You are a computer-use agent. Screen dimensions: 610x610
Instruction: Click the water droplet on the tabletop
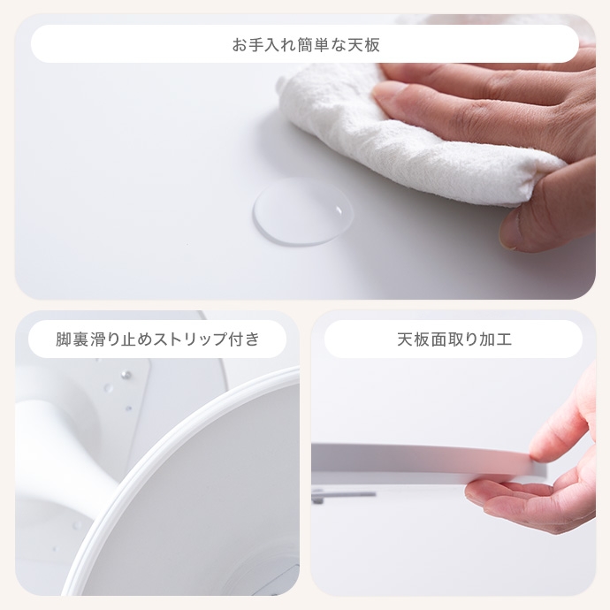[303, 212]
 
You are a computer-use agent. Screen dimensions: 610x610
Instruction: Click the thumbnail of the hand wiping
[305, 156]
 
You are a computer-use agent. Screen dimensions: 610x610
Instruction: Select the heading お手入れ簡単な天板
[306, 45]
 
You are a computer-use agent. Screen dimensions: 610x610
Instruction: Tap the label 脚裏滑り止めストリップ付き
[157, 339]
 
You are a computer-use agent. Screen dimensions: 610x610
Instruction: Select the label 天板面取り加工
[454, 339]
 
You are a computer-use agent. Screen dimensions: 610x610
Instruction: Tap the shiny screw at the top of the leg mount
[126, 375]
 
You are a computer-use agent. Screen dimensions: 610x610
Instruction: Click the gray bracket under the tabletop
[342, 495]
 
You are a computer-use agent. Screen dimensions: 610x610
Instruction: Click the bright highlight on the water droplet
[339, 210]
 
